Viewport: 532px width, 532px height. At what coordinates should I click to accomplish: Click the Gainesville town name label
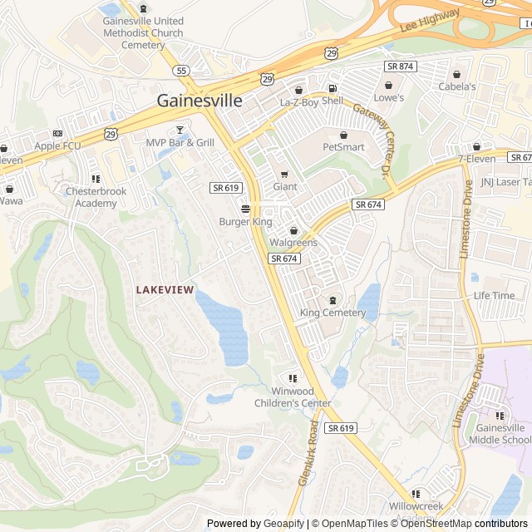click(x=199, y=101)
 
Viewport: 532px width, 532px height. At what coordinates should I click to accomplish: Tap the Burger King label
click(x=245, y=222)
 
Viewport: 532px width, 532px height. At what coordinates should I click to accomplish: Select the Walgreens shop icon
click(x=293, y=230)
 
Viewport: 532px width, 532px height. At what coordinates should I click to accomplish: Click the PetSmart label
click(x=343, y=147)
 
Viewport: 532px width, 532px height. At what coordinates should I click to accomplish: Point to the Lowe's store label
click(x=388, y=98)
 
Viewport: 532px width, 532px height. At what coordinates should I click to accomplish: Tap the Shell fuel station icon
click(x=332, y=89)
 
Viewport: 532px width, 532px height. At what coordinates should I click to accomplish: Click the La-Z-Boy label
click(x=299, y=102)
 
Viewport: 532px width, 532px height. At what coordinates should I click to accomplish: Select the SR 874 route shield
click(x=400, y=66)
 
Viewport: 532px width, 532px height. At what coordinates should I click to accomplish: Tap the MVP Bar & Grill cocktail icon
click(x=180, y=131)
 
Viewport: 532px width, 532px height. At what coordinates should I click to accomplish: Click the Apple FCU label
click(x=57, y=145)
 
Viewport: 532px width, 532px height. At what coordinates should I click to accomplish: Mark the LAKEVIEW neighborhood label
click(x=165, y=289)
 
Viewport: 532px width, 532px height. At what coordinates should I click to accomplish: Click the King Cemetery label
click(x=332, y=313)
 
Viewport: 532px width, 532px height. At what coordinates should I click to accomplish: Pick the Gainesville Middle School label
click(x=499, y=433)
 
